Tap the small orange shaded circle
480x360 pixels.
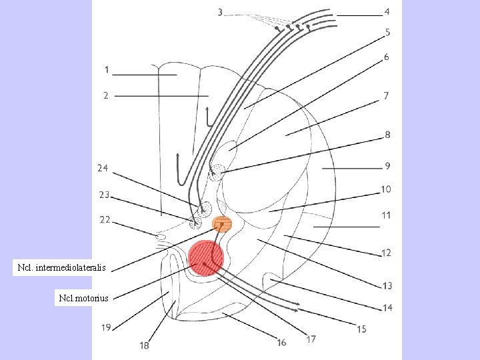pos(222,224)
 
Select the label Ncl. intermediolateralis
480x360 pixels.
pos(62,269)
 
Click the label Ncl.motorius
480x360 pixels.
pos(83,297)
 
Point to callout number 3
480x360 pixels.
pos(221,12)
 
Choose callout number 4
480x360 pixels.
pos(387,12)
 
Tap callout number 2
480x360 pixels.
pos(106,95)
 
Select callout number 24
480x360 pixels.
pos(102,168)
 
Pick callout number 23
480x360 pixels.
pos(104,195)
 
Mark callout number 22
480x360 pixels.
pos(105,219)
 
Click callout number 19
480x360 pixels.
pos(106,327)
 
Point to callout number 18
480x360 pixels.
pos(144,345)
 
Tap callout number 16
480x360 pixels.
pos(281,342)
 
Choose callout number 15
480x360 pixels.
pos(361,329)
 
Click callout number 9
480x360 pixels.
pos(387,165)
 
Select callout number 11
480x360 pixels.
pos(386,215)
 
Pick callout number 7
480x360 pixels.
pos(386,96)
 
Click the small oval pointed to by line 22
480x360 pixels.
pos(160,237)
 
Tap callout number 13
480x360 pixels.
pos(387,285)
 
